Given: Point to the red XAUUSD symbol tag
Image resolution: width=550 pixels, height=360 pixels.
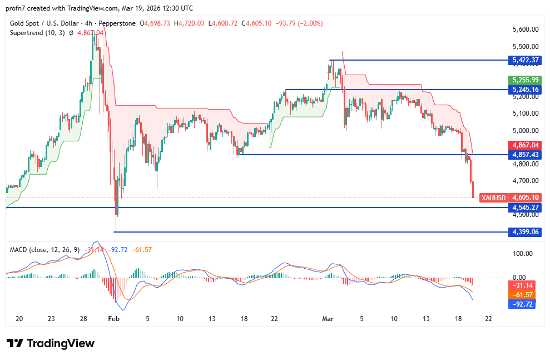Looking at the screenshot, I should pos(493,198).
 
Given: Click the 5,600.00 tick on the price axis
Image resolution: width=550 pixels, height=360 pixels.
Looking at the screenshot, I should pos(526,29).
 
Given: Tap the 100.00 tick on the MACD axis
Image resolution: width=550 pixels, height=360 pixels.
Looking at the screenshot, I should pos(523,254).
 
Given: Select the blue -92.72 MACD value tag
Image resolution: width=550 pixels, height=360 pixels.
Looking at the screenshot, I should pos(523,305).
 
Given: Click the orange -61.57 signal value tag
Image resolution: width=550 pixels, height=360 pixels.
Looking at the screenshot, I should pos(523,294).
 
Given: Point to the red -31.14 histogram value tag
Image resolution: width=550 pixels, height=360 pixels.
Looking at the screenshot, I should pos(523,284).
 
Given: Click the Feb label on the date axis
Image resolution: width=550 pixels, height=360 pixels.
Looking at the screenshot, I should pos(113,319).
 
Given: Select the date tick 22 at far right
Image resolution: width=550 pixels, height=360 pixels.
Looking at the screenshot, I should pos(488,319).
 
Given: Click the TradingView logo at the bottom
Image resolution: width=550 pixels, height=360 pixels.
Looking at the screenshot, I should pos(51,343).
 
